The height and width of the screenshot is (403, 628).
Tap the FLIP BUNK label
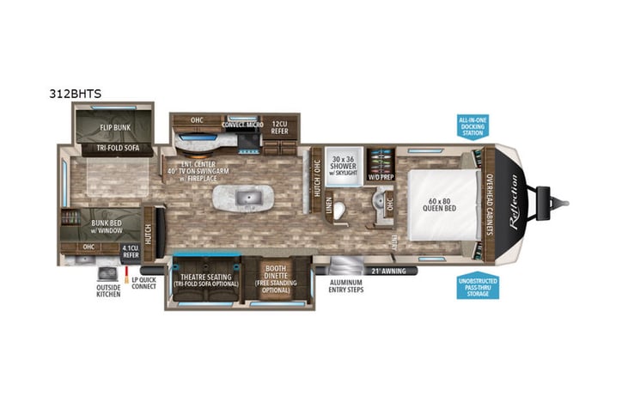[x=114, y=128]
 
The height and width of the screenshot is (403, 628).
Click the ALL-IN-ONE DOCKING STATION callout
[x=472, y=126]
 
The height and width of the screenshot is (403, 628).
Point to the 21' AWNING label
[x=388, y=271]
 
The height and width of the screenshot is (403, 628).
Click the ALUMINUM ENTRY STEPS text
[x=347, y=286]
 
